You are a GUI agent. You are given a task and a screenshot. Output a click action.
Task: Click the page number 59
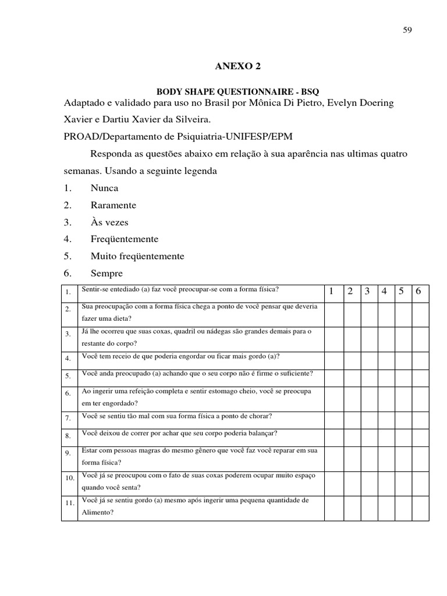(x=407, y=31)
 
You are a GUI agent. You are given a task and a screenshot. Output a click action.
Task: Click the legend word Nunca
(x=104, y=188)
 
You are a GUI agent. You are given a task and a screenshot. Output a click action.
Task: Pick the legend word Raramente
(x=113, y=205)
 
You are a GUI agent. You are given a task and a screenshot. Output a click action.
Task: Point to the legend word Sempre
(x=107, y=273)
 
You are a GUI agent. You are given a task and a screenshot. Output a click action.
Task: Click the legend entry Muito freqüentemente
(x=137, y=256)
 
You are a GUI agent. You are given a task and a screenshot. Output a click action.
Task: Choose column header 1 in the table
(x=331, y=292)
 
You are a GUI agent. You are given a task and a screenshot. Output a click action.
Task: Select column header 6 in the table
(x=418, y=292)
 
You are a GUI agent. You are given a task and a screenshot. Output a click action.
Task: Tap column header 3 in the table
(x=367, y=292)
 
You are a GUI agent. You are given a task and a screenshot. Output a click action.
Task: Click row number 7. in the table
(x=68, y=418)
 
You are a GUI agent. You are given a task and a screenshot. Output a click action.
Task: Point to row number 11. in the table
(x=69, y=502)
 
